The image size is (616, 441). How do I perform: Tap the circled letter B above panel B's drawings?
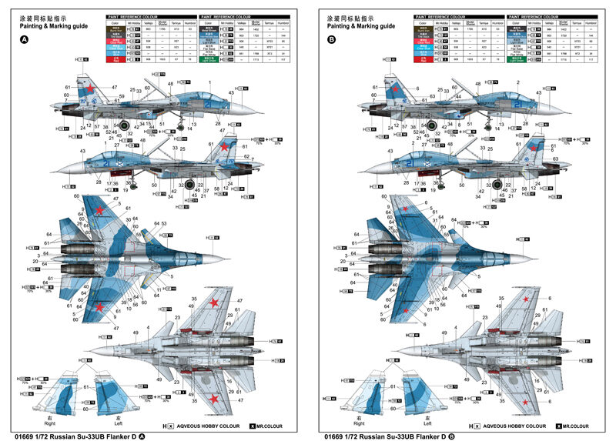332,39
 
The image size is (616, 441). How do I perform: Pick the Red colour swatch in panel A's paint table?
117,59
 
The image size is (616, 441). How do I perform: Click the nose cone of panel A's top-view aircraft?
221,256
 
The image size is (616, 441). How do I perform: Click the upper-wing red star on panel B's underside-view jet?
527,299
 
